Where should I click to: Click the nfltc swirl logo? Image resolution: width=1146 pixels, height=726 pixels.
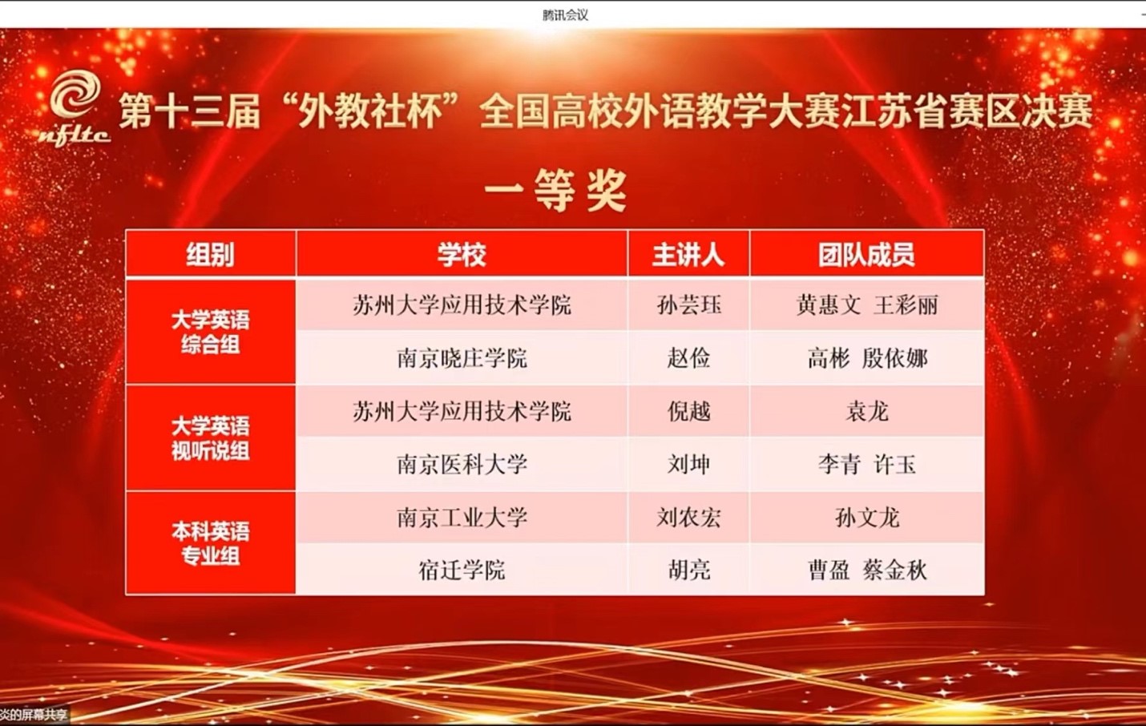coord(75,108)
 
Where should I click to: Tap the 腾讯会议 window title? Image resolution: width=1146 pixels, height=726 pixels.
coord(565,15)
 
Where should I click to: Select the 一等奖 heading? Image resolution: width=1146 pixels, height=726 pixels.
coord(555,191)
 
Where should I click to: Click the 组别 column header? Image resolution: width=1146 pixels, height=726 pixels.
coord(210,254)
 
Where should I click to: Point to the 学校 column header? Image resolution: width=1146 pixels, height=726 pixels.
coord(462,254)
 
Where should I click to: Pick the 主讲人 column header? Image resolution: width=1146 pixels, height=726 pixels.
coord(688,254)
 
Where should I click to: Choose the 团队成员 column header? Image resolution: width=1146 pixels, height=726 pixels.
coord(866,254)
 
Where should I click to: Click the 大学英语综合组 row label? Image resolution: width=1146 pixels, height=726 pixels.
coord(210,332)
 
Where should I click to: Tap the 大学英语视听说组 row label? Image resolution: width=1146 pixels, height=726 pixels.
coord(210,438)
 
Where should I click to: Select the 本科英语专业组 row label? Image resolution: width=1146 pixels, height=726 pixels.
coord(210,543)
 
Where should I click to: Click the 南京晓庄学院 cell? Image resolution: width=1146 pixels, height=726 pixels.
coord(462,358)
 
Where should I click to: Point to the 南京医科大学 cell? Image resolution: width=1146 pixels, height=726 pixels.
coord(462,464)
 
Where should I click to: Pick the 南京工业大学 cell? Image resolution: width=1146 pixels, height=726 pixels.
coord(462,518)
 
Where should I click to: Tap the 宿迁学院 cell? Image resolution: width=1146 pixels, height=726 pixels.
coord(462,570)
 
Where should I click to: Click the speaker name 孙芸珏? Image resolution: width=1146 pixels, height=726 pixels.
coord(689,305)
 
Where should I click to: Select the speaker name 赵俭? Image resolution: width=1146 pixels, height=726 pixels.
coord(688,358)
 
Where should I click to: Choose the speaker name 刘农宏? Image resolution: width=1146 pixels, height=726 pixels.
coord(689,518)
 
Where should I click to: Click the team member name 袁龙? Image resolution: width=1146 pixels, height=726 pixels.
coord(867,411)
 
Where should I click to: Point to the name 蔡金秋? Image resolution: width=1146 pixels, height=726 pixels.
coord(895,570)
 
